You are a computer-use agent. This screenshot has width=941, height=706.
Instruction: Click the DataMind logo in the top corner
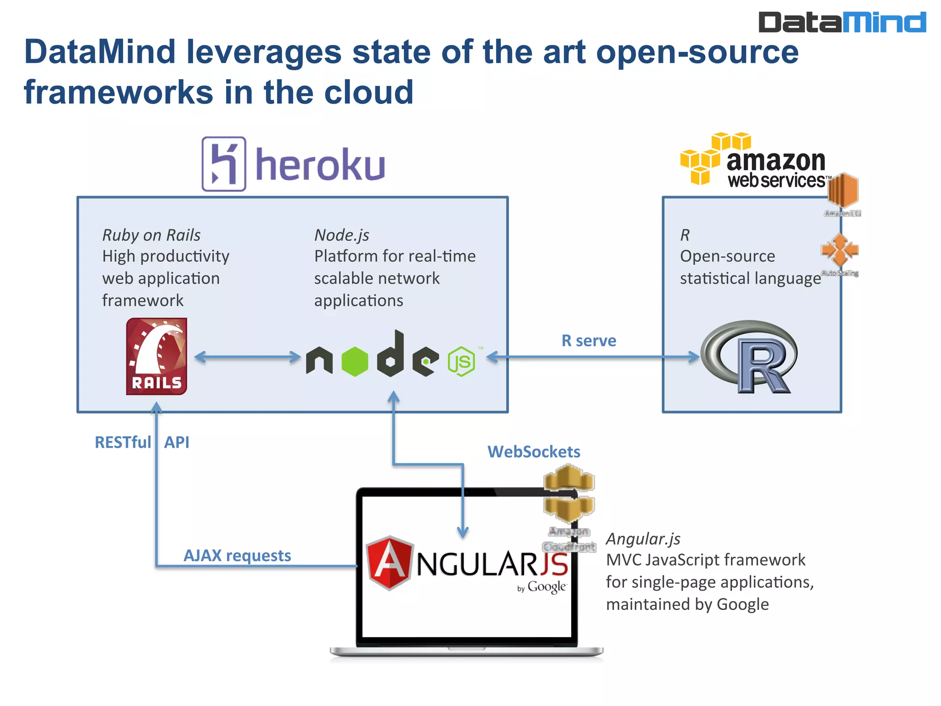pyautogui.click(x=842, y=22)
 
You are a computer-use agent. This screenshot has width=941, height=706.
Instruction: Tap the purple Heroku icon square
pyautogui.click(x=224, y=164)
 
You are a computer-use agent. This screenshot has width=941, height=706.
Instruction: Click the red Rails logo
pyautogui.click(x=157, y=356)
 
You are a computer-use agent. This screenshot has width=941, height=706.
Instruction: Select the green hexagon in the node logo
pyautogui.click(x=355, y=362)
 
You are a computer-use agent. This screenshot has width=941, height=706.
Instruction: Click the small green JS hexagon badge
pyautogui.click(x=461, y=362)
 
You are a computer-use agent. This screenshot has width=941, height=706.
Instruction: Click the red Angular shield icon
pyautogui.click(x=390, y=563)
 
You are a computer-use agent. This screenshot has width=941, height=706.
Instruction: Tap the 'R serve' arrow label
pyautogui.click(x=589, y=341)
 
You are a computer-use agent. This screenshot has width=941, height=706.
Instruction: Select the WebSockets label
pyautogui.click(x=533, y=452)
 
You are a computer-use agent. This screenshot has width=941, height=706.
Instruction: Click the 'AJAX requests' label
pyautogui.click(x=237, y=556)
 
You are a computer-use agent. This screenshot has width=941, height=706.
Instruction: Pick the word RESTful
pyautogui.click(x=123, y=442)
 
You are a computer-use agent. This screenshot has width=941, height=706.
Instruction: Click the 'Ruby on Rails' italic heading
pyautogui.click(x=151, y=235)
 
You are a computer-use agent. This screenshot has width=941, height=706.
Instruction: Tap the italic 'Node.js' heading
pyautogui.click(x=341, y=235)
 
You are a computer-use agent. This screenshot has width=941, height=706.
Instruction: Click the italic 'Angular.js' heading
pyautogui.click(x=643, y=539)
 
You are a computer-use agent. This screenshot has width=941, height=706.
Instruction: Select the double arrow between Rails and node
pyautogui.click(x=247, y=357)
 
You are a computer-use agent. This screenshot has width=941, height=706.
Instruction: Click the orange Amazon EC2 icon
pyautogui.click(x=843, y=190)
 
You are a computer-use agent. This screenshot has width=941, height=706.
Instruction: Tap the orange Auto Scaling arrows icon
pyautogui.click(x=839, y=250)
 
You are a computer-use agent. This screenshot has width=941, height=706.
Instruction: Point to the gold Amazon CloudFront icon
pyautogui.click(x=569, y=494)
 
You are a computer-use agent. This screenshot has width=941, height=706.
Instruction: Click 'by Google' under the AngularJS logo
pyautogui.click(x=542, y=587)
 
